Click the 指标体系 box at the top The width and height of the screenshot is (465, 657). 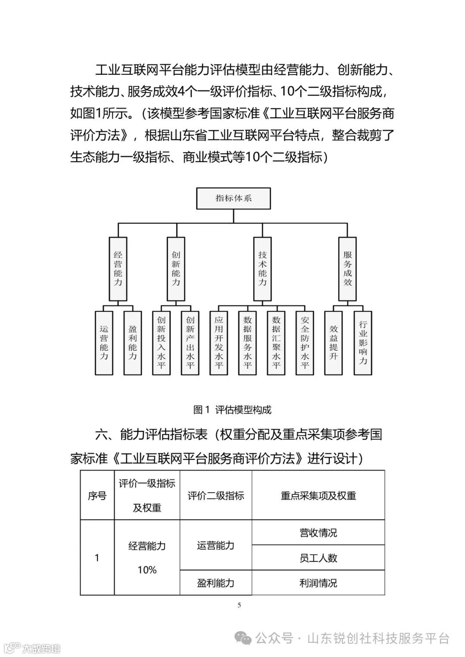pyautogui.click(x=233, y=198)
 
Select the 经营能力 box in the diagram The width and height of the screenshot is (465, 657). pyautogui.click(x=118, y=269)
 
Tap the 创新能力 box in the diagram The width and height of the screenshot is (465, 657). pyautogui.click(x=176, y=269)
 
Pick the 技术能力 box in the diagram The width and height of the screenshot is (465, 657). pyautogui.click(x=262, y=269)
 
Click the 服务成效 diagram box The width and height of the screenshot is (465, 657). pyautogui.click(x=347, y=269)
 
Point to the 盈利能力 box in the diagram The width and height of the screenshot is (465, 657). pyautogui.click(x=133, y=342)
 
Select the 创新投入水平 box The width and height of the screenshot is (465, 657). pyautogui.click(x=161, y=342)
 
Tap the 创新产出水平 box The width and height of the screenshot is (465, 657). pyautogui.click(x=190, y=342)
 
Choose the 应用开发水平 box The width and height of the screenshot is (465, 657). pyautogui.click(x=219, y=342)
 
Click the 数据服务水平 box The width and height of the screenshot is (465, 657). pyautogui.click(x=248, y=342)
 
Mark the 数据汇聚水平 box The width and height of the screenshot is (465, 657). pyautogui.click(x=276, y=342)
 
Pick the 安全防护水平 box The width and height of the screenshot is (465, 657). pyautogui.click(x=305, y=342)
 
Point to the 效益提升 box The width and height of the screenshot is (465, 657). pyautogui.click(x=334, y=342)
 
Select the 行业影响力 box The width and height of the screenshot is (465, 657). pyautogui.click(x=363, y=342)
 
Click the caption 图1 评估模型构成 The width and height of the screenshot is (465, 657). pyautogui.click(x=232, y=410)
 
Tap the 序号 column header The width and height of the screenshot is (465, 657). pyautogui.click(x=97, y=496)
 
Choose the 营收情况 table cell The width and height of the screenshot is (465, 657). pyautogui.click(x=318, y=533)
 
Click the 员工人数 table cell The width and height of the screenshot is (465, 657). pyautogui.click(x=318, y=558)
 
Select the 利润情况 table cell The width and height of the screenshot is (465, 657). pyautogui.click(x=318, y=583)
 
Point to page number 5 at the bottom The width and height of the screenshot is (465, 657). pyautogui.click(x=239, y=605)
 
